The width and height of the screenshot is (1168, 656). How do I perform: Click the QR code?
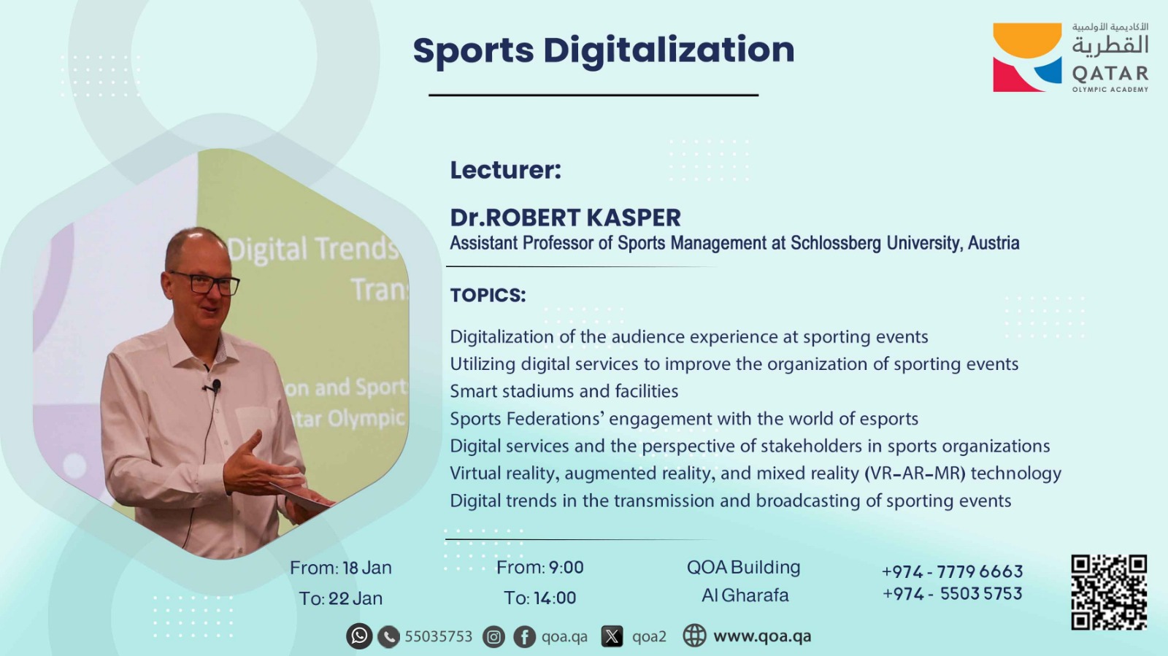(1109, 592)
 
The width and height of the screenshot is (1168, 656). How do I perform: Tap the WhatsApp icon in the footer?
(359, 636)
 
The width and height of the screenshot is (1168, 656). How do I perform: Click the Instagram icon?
(493, 637)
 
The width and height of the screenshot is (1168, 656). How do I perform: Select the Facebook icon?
(525, 637)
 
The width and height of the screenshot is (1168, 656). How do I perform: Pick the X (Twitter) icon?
(612, 636)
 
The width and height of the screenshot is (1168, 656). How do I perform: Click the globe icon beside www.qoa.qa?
(694, 636)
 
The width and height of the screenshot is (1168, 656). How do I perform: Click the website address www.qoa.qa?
(762, 637)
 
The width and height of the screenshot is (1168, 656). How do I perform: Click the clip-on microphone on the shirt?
(215, 386)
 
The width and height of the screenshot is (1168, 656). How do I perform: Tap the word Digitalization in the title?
(669, 51)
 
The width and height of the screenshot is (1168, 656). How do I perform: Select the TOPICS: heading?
(488, 296)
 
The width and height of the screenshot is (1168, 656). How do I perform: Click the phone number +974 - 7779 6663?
(952, 571)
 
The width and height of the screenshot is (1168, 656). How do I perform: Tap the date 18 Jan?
(367, 568)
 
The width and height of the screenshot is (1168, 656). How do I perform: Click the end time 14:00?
(554, 598)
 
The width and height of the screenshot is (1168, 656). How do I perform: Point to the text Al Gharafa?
(745, 595)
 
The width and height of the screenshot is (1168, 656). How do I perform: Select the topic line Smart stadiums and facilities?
(564, 391)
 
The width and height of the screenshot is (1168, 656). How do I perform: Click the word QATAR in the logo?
(1110, 74)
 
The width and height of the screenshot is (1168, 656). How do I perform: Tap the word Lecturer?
(506, 170)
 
